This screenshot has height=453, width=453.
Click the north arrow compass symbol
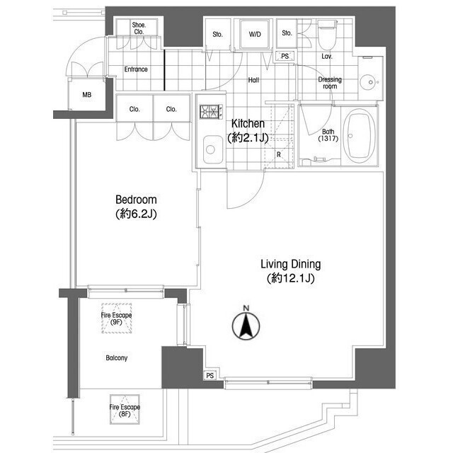point(246,326)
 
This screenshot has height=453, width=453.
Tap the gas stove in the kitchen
point(211,112)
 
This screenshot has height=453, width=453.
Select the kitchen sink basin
point(213,149)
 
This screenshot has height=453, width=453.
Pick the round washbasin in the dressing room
point(370,83)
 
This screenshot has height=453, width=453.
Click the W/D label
point(255,35)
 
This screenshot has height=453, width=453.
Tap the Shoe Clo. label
point(139,28)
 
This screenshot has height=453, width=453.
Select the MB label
point(86,95)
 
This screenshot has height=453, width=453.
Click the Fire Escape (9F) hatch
point(116,318)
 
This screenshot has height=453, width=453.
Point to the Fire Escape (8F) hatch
point(125,410)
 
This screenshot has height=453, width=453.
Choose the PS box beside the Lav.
point(285,56)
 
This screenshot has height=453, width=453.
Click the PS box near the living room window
point(210,376)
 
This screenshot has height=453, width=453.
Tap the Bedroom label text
point(136,200)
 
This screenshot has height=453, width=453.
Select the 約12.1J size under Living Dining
point(290,278)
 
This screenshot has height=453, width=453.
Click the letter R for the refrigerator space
point(278,155)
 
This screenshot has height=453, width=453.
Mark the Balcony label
point(116,358)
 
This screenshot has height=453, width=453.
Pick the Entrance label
point(136,69)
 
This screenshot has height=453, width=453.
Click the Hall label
point(253,80)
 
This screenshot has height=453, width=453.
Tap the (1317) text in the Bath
point(328,139)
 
